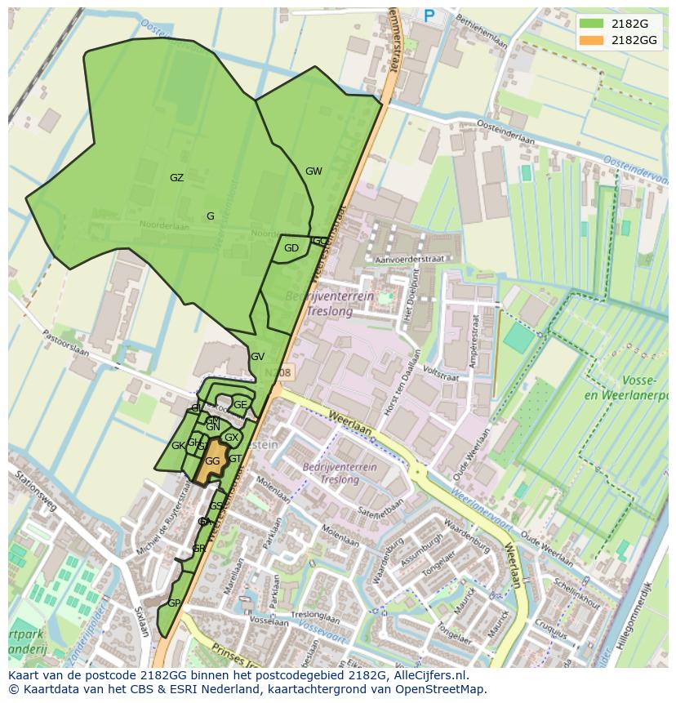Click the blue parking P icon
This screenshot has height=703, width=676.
tap(429, 15)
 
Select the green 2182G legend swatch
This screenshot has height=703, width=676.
tap(592, 24)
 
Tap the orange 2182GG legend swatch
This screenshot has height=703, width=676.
tap(592, 40)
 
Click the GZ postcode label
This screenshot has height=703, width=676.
tap(176, 178)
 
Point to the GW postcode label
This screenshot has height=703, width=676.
tap(314, 171)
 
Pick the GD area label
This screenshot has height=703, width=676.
tap(291, 248)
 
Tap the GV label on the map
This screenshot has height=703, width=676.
tap(257, 357)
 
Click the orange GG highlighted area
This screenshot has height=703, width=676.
tap(213, 461)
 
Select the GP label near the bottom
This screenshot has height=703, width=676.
tap(173, 603)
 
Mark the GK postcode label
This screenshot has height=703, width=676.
tap(177, 446)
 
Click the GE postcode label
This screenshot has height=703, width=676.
tap(240, 404)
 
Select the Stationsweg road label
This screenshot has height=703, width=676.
tap(33, 492)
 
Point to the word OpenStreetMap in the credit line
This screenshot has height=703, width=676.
tap(445, 689)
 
